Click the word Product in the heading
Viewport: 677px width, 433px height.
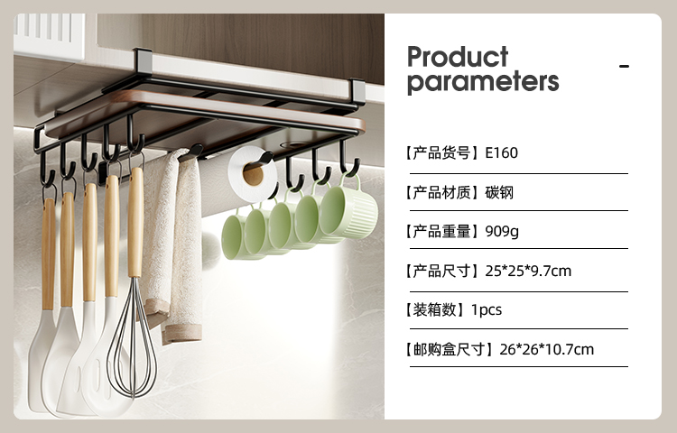(x=458, y=57)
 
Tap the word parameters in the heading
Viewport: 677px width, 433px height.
(x=483, y=82)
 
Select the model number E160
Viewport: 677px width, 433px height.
(x=501, y=152)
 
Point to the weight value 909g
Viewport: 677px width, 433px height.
(x=502, y=232)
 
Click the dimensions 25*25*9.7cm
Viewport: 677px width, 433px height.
(x=528, y=271)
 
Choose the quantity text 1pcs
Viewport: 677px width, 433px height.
(x=487, y=310)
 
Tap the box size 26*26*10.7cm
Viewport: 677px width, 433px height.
(x=547, y=349)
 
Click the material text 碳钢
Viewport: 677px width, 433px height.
(x=499, y=192)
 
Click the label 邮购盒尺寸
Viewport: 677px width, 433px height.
(x=449, y=349)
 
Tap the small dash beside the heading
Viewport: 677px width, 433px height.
(x=624, y=66)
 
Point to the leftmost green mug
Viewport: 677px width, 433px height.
(x=236, y=236)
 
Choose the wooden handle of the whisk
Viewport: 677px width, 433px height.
(x=135, y=223)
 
